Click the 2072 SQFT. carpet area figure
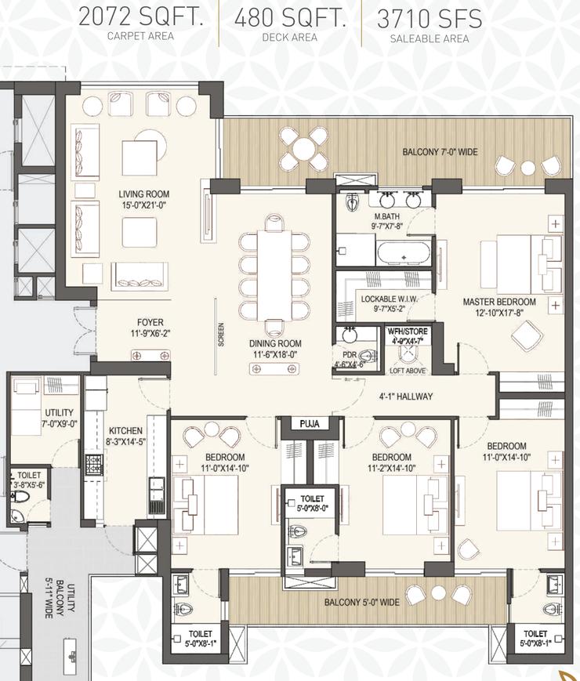[x=141, y=18]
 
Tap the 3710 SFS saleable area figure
[x=429, y=18]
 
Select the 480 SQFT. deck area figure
[x=289, y=18]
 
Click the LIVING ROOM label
[x=143, y=194]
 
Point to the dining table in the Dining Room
[x=275, y=271]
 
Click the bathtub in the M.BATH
[x=403, y=254]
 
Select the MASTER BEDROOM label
[x=499, y=302]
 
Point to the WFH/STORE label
[x=407, y=331]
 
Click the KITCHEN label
[x=125, y=430]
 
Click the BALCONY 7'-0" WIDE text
[x=440, y=152]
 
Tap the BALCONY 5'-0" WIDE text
[x=362, y=602]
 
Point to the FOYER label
[x=150, y=322]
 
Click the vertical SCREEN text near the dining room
[x=221, y=335]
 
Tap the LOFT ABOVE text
[x=406, y=371]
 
